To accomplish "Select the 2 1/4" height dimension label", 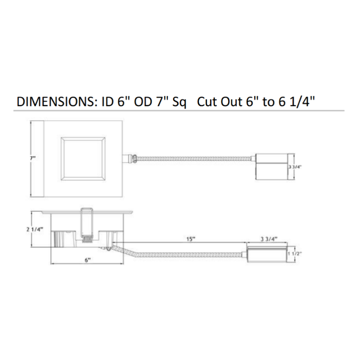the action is (35, 229).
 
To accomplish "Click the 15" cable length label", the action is (190, 239).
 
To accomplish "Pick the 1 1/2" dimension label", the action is (295, 254).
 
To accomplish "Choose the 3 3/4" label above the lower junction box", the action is (269, 239).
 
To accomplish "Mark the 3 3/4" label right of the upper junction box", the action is (295, 167).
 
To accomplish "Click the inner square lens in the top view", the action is (83, 159).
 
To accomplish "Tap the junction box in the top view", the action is (271, 166).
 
